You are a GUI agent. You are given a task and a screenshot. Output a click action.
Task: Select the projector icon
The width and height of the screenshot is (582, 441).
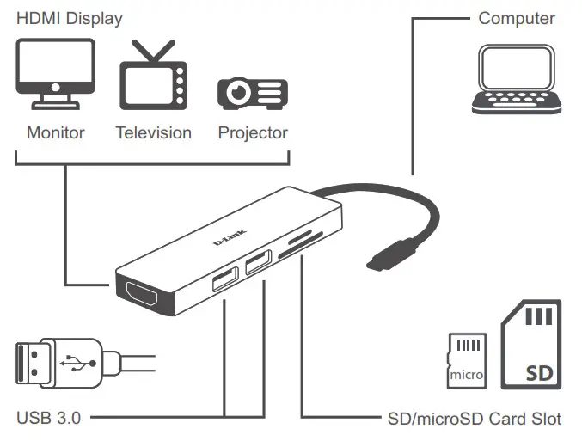tap(252, 92)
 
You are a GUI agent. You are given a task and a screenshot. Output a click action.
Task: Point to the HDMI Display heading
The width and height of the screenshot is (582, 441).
tap(70, 17)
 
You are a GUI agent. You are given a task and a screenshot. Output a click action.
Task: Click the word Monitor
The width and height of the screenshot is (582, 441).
tap(56, 132)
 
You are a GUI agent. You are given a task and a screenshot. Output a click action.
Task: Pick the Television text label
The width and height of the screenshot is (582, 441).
tap(153, 132)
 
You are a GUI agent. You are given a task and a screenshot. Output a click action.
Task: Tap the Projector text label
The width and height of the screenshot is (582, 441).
tap(253, 132)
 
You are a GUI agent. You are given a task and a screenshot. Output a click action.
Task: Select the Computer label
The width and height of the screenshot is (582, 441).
tap(517, 17)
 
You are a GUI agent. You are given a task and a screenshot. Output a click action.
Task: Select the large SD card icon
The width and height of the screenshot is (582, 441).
tap(530, 343)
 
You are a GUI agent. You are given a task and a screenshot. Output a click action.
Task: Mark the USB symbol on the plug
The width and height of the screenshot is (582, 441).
tap(79, 358)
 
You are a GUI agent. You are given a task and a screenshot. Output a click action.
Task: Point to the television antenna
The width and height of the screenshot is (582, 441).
tap(151, 52)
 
